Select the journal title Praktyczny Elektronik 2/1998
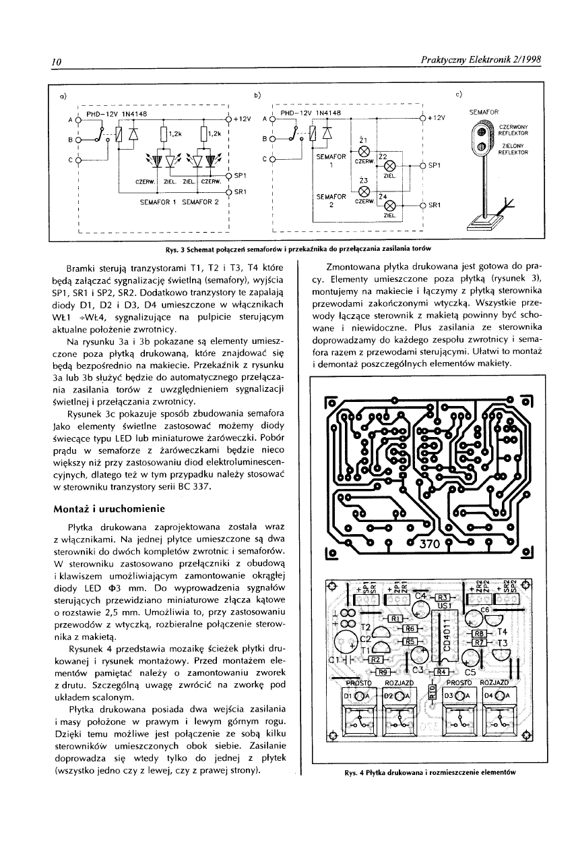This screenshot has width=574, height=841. (480, 61)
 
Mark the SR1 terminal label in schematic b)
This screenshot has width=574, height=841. (435, 205)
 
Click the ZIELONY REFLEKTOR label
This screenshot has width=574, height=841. (514, 149)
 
